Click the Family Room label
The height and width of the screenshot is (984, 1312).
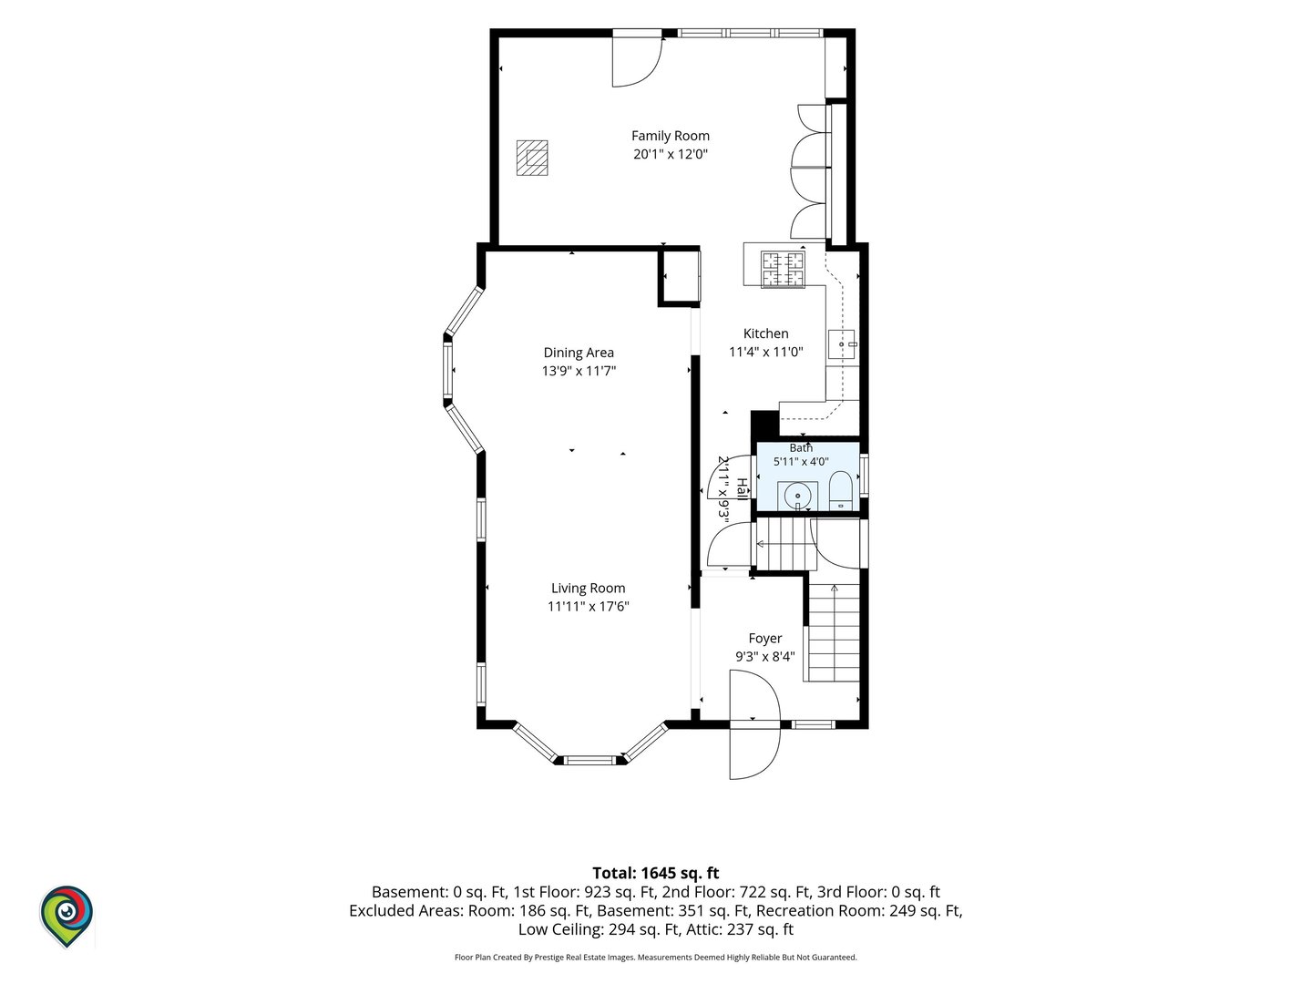pos(670,137)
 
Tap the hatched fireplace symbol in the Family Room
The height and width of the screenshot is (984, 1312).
pos(532,158)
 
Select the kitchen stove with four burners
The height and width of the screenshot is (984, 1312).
pos(783,270)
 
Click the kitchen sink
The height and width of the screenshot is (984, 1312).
pos(842,344)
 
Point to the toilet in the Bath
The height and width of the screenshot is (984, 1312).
pos(840,490)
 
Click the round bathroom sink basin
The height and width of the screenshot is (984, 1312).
pos(797,496)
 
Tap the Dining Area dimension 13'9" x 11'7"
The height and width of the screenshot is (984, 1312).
pos(579,371)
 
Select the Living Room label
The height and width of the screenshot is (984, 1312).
pos(589,589)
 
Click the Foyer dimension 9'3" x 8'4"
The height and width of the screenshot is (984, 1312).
pos(765,657)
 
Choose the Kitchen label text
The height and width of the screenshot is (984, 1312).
pos(765,333)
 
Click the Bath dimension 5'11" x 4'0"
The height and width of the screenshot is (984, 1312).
pos(801,461)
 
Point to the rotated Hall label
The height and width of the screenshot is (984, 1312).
pos(741,488)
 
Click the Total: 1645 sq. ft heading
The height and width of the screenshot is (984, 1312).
pos(656,874)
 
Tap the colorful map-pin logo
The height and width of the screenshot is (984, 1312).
pos(67,916)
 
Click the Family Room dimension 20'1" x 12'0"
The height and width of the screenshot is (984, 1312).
pos(670,154)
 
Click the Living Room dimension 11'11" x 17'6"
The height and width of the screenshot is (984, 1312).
pos(589,607)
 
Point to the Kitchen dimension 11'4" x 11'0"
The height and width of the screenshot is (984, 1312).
pos(765,352)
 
